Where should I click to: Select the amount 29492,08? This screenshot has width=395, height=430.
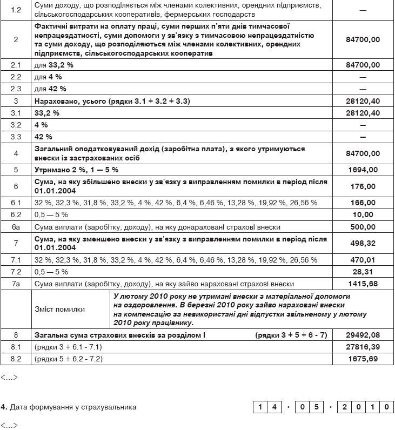(363, 335)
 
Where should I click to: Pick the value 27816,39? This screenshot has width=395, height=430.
(363, 347)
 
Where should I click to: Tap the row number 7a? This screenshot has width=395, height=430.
(16, 284)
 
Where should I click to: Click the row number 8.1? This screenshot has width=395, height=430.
(16, 347)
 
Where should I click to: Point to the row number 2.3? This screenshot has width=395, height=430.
(16, 89)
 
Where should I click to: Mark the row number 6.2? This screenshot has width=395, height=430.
(16, 214)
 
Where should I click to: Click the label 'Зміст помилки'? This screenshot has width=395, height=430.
(59, 310)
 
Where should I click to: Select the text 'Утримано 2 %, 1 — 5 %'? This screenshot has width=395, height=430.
(76, 170)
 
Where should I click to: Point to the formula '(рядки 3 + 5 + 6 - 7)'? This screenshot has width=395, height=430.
(291, 335)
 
